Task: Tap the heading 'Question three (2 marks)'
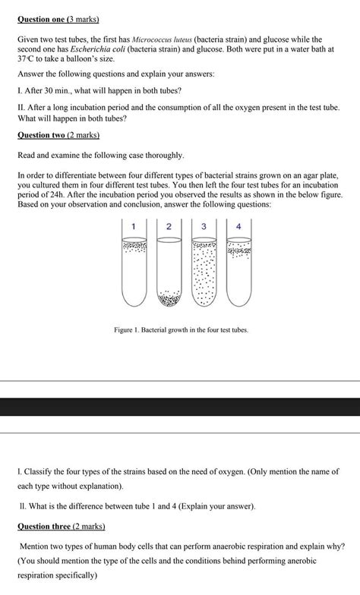click(61, 526)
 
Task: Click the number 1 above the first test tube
click(134, 226)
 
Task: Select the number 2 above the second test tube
click(169, 226)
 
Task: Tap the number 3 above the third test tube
click(204, 226)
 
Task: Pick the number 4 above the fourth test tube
click(238, 226)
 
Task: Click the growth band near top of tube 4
click(238, 250)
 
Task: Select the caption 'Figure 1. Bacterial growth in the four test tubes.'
click(181, 330)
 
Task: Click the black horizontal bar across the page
click(180, 407)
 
